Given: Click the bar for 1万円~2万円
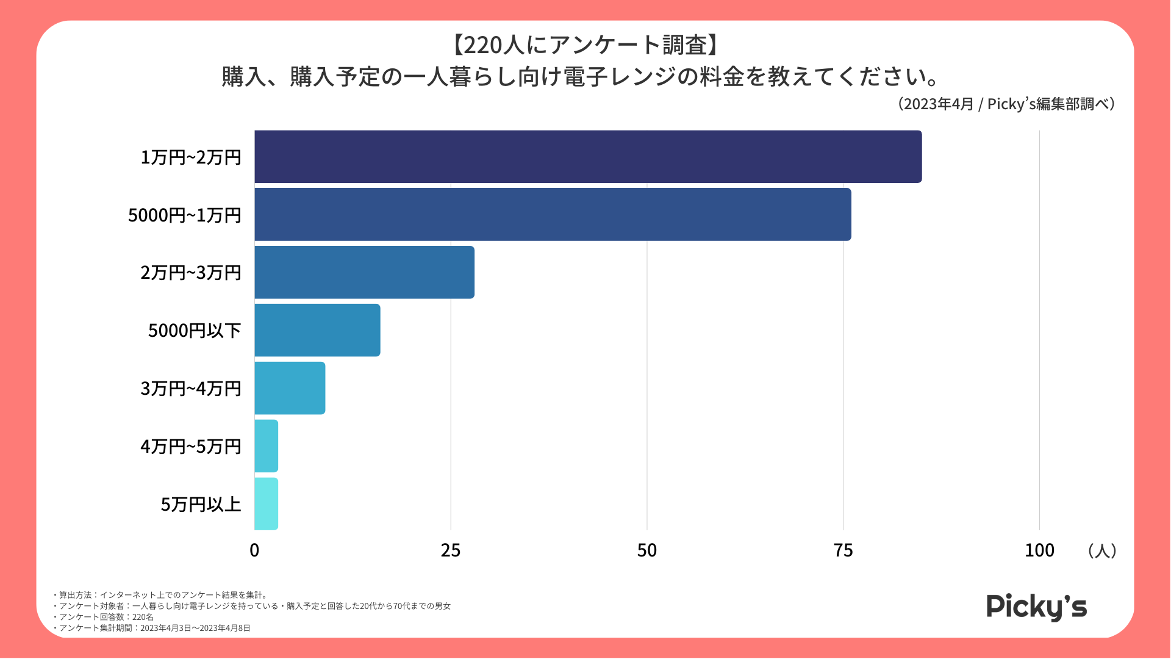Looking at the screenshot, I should click(588, 157).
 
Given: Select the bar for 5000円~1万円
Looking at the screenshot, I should click(553, 214).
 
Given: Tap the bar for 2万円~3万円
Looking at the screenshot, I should click(364, 272).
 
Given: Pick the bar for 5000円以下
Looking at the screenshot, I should click(317, 330).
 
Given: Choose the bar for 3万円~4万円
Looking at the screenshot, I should click(290, 388).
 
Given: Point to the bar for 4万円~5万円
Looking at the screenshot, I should click(267, 446).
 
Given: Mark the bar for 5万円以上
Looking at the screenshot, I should click(267, 504).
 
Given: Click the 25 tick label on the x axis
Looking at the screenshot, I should click(451, 550).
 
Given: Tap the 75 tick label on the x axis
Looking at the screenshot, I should click(843, 550).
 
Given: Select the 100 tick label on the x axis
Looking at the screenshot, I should click(1039, 550).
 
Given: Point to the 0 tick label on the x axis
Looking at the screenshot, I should click(254, 550).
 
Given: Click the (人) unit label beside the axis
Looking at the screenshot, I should click(1101, 550).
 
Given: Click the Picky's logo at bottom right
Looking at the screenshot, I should click(1036, 607).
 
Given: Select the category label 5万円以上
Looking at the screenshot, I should click(201, 505).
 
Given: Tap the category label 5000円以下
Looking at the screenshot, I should click(195, 331).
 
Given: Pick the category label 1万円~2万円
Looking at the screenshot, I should click(191, 157).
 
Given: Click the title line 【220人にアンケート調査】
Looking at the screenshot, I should click(585, 45).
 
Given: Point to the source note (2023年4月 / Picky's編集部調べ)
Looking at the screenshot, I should click(1006, 104).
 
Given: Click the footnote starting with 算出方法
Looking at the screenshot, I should click(162, 595).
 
